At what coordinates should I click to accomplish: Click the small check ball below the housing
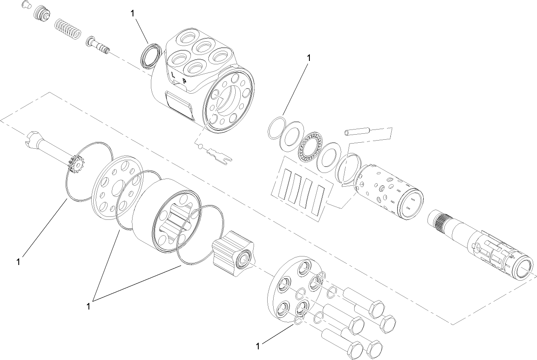point(200,146)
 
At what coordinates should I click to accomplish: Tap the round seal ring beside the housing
point(150,55)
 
